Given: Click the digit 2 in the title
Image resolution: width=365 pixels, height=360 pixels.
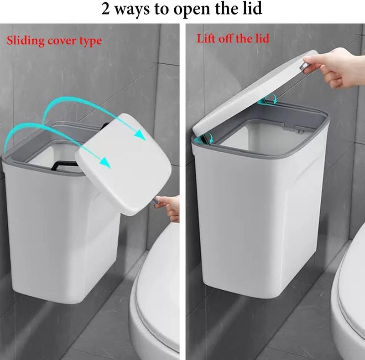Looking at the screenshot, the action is tap(106, 9).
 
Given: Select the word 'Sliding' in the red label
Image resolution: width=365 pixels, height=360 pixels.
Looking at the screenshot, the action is tap(26, 41).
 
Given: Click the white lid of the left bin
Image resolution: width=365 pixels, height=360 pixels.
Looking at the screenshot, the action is tap(123, 164).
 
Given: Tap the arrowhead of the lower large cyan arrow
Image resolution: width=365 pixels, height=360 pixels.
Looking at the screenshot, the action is tap(105, 162).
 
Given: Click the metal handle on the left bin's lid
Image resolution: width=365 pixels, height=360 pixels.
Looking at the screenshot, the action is tap(156, 201).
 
